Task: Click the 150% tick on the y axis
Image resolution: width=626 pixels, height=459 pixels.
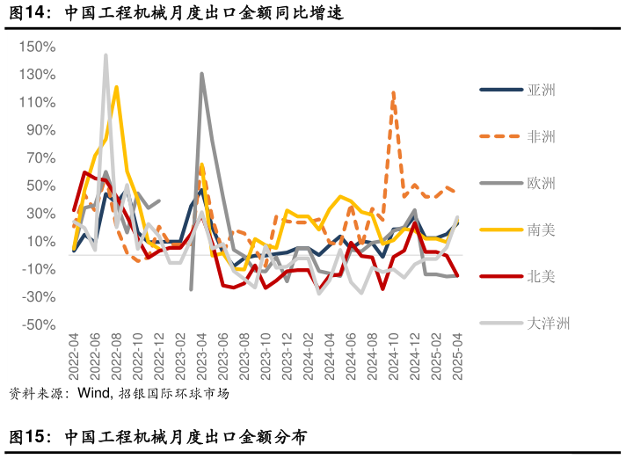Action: pos(39,47)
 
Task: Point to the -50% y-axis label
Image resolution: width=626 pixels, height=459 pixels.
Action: pos(39,325)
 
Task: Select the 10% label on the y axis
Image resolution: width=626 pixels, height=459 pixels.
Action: pos(42,242)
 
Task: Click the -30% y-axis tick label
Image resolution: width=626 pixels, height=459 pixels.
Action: pos(39,297)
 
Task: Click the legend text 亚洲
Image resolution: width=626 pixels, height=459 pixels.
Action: pos(541,90)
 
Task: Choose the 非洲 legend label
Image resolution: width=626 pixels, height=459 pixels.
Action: pos(541,136)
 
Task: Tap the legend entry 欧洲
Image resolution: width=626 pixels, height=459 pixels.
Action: pos(541,183)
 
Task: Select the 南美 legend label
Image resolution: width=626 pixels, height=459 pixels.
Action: pos(541,229)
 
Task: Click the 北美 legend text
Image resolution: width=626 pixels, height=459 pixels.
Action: pos(541,276)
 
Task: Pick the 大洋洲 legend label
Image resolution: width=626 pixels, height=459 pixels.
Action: pos(549,323)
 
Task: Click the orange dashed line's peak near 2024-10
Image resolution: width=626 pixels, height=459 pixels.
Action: pos(393,91)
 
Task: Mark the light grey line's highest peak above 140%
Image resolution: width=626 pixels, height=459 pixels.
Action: pos(106,55)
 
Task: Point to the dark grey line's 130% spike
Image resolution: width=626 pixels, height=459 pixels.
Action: pos(202,74)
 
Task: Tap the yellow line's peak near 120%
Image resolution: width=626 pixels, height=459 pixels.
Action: pos(116,87)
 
